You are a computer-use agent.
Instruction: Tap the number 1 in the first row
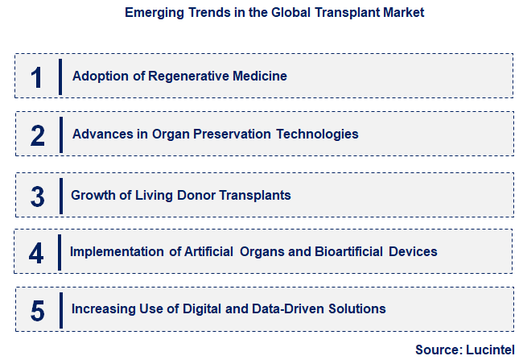click(36, 77)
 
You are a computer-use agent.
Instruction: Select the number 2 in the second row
click(37, 134)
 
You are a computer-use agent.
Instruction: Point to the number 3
click(37, 195)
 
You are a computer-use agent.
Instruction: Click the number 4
click(36, 252)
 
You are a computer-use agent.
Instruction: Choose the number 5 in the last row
click(37, 309)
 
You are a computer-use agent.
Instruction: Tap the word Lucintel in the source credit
click(492, 350)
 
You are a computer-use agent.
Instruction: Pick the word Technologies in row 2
click(317, 134)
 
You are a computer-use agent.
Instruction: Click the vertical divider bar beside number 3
click(60, 195)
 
